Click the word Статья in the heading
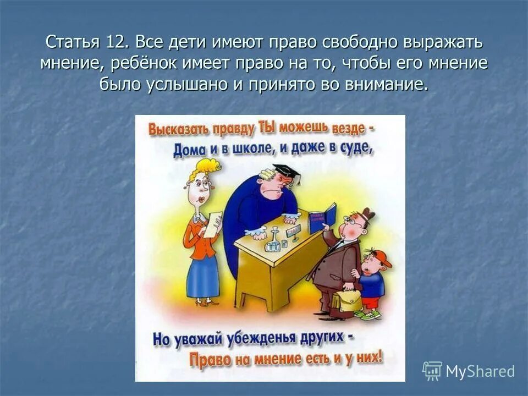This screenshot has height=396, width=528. (x=72, y=42)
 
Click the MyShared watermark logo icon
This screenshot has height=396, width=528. (x=432, y=371)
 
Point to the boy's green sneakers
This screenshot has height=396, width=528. (x=367, y=315)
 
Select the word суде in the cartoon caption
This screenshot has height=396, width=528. (x=359, y=147)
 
